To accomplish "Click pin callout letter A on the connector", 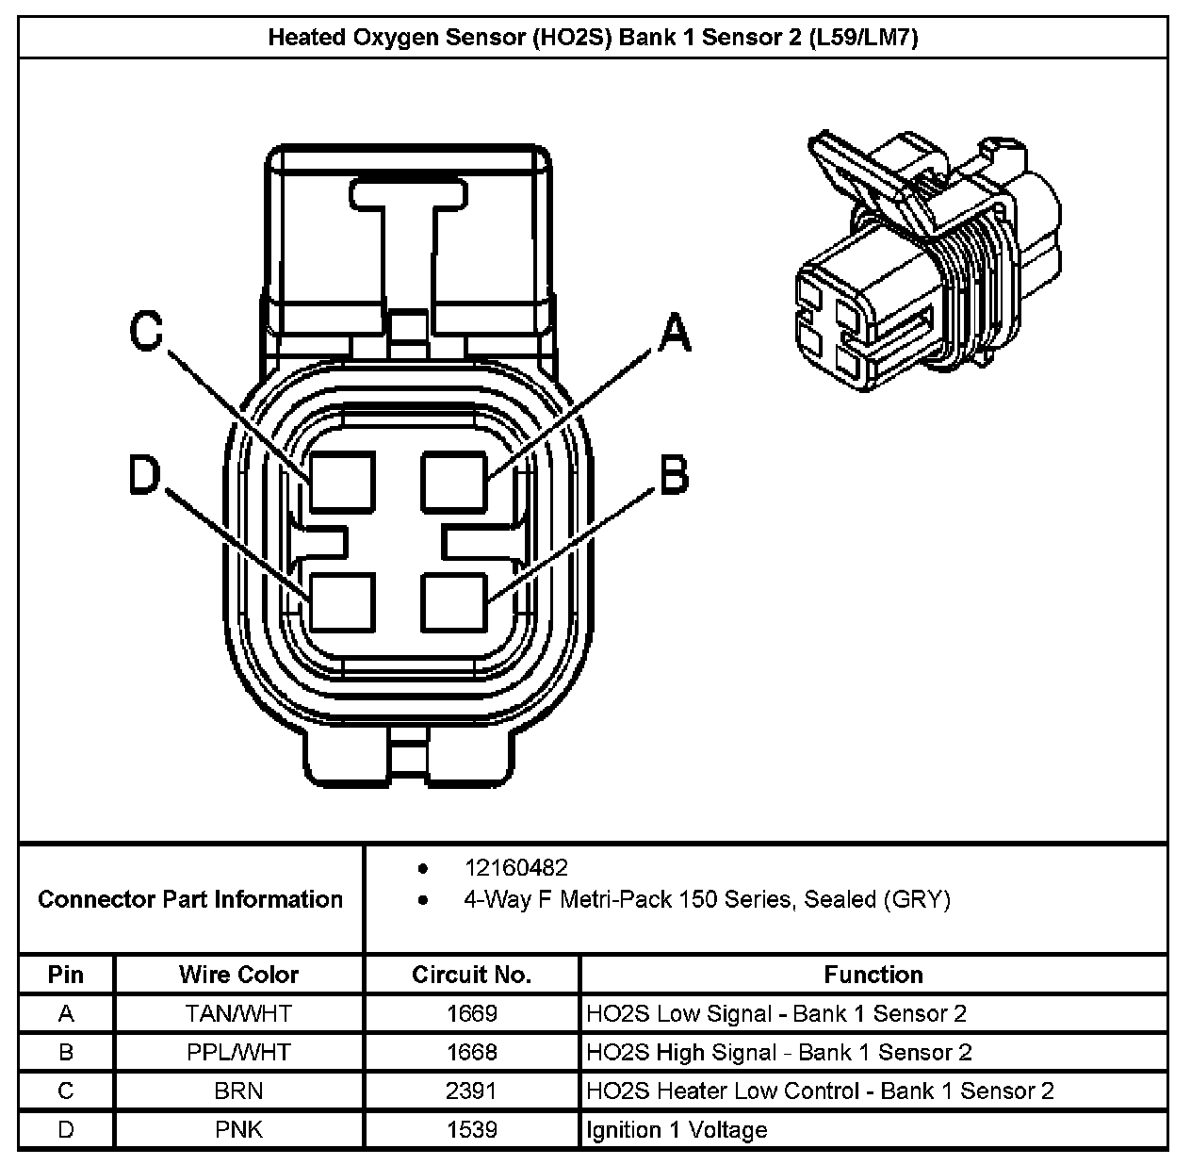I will (x=674, y=334).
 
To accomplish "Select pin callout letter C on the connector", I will (x=146, y=331).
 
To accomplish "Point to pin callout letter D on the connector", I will (x=146, y=475).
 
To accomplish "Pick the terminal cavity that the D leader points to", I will (x=342, y=601).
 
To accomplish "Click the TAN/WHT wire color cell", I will (x=238, y=1013).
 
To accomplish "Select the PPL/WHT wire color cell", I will (x=238, y=1052).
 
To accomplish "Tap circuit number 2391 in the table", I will (x=471, y=1091).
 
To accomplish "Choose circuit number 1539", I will (x=471, y=1129).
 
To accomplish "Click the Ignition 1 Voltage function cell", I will (x=677, y=1129).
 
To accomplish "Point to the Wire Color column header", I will (x=238, y=974).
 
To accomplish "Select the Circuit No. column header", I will (x=471, y=974).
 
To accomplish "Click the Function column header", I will (x=873, y=974).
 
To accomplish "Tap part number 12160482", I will (x=515, y=867).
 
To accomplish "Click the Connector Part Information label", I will (x=190, y=899).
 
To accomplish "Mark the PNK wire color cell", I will (x=238, y=1129).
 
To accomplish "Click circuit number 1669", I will (x=471, y=1013).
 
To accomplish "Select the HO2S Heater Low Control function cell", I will (x=820, y=1091).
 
